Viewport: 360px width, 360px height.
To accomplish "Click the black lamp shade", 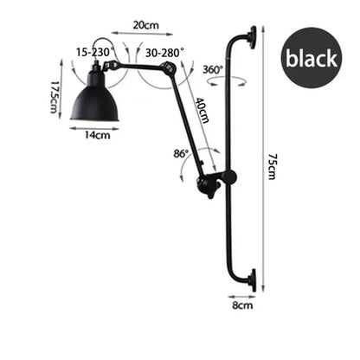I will pyautogui.click(x=95, y=104).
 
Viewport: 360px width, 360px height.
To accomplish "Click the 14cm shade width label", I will pyautogui.click(x=96, y=135).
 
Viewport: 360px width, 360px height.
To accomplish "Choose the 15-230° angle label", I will pyautogui.click(x=93, y=52).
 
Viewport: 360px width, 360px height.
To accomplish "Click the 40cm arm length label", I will pyautogui.click(x=202, y=111).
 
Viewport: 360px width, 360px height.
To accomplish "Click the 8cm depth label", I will pyautogui.click(x=243, y=305).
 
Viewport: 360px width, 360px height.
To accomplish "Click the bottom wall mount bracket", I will pyautogui.click(x=250, y=280).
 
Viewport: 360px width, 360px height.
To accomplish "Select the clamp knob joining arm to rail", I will pyautogui.click(x=211, y=183).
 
